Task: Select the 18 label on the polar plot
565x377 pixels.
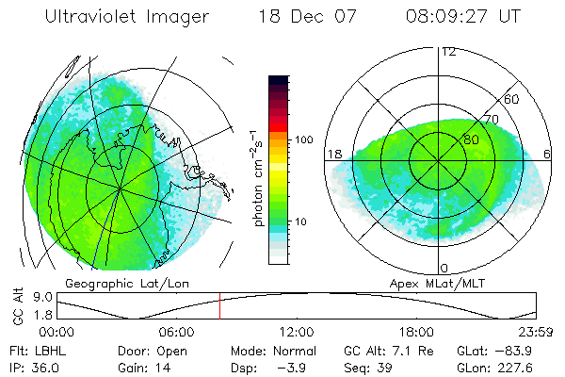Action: pos(333,154)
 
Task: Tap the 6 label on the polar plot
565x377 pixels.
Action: pos(549,154)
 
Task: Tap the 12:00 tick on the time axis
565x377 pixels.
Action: pos(296,332)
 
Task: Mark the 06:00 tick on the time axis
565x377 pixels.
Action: pos(176,332)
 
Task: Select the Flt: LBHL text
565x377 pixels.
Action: pos(37,350)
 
